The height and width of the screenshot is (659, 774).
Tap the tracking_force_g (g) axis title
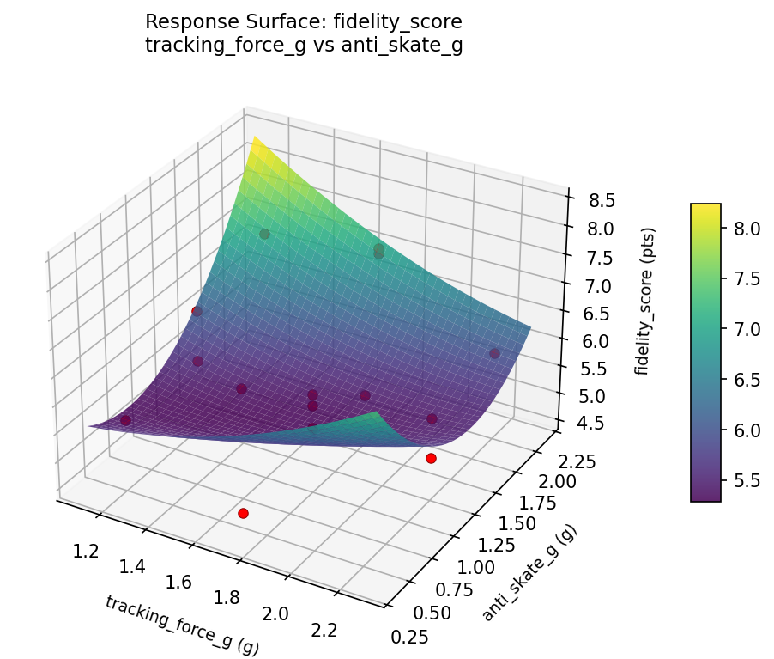tap(182, 625)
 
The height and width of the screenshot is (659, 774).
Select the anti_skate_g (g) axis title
tap(529, 575)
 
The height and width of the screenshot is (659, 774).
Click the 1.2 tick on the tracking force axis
tap(86, 551)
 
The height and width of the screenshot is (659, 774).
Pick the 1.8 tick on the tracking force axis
tap(227, 598)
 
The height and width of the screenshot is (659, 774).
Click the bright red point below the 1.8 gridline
tap(243, 513)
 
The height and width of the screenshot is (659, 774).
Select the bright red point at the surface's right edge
tap(431, 458)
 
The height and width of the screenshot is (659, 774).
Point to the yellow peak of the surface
tap(251, 146)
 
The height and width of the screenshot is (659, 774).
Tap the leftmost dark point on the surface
tap(126, 420)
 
